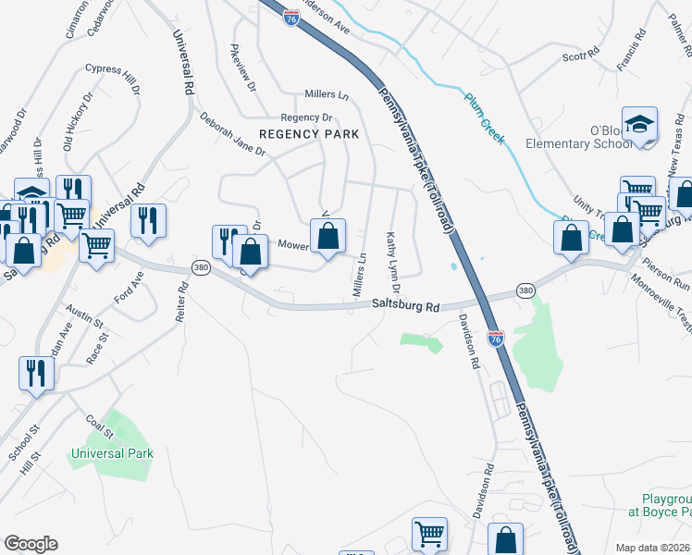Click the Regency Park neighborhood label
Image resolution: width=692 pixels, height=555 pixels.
[x=308, y=134]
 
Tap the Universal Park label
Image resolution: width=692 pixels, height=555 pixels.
[x=112, y=454]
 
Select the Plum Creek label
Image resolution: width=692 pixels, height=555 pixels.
[x=485, y=119]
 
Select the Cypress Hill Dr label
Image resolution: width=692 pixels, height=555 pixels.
[x=112, y=80]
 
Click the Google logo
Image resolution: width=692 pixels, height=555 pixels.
[x=31, y=544]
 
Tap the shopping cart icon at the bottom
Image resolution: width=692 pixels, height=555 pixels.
[x=428, y=535]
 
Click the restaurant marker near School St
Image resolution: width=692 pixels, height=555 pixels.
[x=36, y=373]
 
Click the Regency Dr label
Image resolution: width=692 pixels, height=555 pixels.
[x=306, y=117]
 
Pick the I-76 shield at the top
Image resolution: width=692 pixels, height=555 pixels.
[x=290, y=19]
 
